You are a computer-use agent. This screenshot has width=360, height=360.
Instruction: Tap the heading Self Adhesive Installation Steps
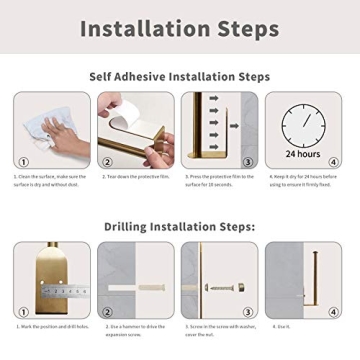179,77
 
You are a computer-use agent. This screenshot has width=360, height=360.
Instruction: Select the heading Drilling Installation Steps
179,226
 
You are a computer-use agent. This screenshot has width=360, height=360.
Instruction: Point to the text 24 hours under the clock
303,154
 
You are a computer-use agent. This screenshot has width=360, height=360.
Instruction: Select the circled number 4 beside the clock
333,161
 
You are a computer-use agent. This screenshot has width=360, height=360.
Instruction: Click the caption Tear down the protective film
134,177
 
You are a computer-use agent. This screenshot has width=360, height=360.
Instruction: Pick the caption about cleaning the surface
51,180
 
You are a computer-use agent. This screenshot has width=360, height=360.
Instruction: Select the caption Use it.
284,326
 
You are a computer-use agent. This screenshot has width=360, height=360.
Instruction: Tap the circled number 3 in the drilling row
248,310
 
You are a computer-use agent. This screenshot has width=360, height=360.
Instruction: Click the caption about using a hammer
134,329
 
